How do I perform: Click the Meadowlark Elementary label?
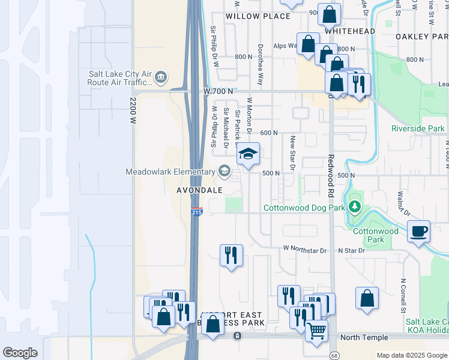point(170,172)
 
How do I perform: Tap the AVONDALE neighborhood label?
point(199,190)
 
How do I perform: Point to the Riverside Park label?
point(418,128)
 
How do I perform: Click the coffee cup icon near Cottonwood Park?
point(418,231)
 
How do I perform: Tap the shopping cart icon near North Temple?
point(316,329)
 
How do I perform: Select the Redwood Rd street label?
point(330,176)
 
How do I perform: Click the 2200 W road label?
point(133,110)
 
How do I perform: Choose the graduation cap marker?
point(247,155)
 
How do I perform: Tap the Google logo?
point(20,352)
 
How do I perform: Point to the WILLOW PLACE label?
point(258,16)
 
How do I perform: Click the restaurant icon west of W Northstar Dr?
point(231,256)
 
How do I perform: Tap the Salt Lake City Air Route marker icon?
point(161,77)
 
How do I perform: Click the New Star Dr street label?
point(293,153)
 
